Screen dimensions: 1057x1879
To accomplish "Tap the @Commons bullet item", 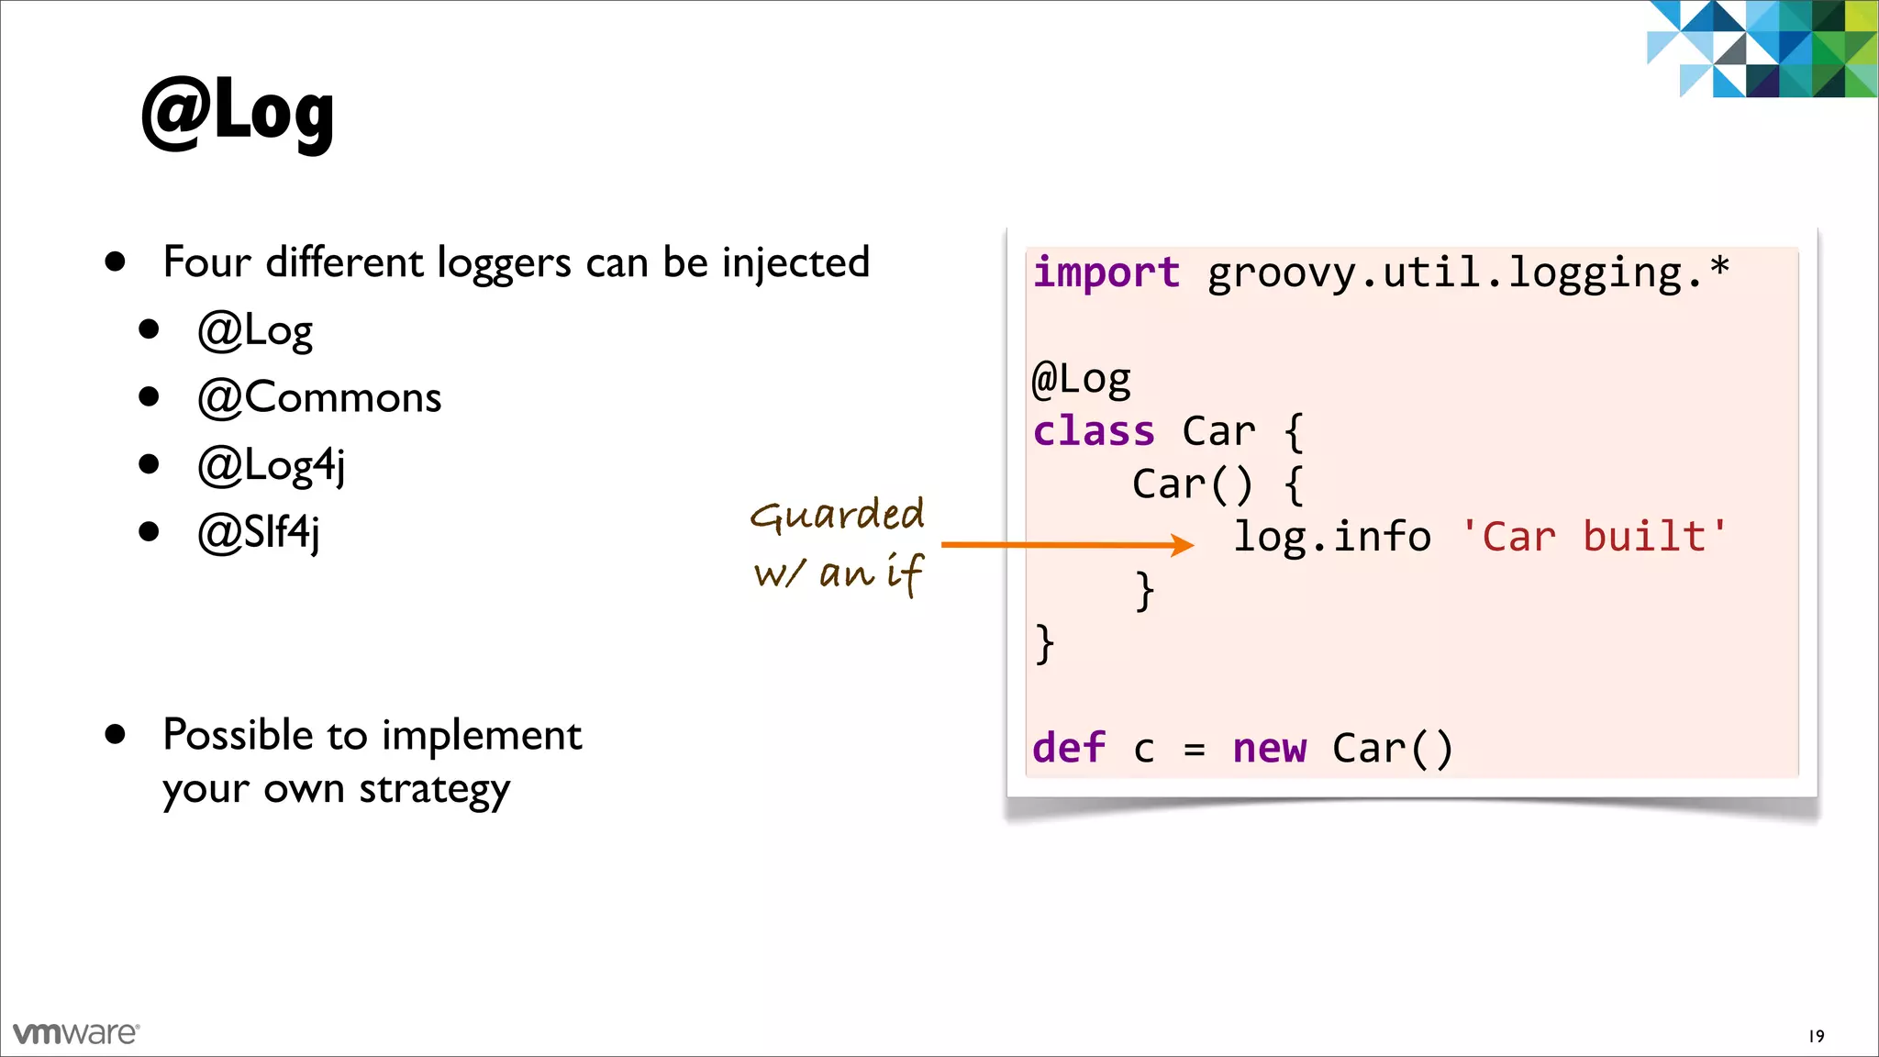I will (x=319, y=397).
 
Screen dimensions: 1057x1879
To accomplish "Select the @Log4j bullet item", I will (x=272, y=465).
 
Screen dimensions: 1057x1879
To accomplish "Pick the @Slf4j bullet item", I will (x=259, y=533).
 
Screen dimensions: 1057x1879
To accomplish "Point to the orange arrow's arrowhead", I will (x=1184, y=545).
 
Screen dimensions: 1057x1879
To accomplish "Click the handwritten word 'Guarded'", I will (x=837, y=515).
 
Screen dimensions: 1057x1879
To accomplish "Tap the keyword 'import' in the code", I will (x=1106, y=273).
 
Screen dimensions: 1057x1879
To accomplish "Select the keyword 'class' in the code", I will (x=1093, y=431).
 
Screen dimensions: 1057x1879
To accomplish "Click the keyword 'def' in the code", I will (x=1068, y=749).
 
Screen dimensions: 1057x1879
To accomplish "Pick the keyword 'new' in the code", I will (x=1269, y=749).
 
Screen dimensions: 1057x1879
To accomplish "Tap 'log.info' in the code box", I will (x=1331, y=537).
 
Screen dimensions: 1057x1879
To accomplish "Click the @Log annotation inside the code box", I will (x=1082, y=379).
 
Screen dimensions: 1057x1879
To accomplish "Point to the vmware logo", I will (x=76, y=1033).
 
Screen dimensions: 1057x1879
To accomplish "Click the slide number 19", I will (x=1816, y=1036).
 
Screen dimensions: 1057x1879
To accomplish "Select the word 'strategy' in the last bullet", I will (x=434, y=790).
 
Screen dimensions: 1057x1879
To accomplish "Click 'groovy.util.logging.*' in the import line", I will (x=1467, y=273).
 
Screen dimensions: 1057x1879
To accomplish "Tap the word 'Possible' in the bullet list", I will (x=239, y=735).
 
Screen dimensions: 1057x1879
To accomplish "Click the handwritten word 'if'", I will (x=904, y=573).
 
